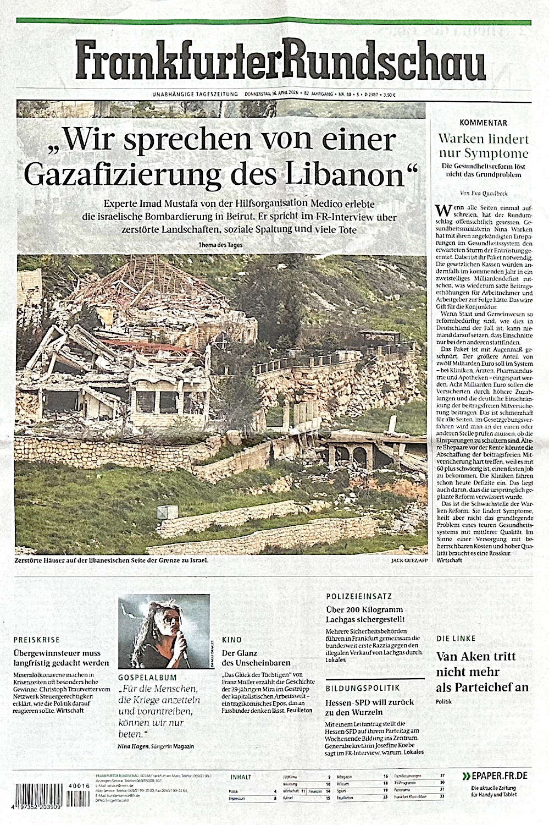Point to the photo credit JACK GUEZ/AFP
click(409, 560)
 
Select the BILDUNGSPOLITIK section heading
click(362, 688)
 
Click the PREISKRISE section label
click(35, 640)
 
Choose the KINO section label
click(231, 640)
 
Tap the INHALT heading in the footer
click(241, 777)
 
